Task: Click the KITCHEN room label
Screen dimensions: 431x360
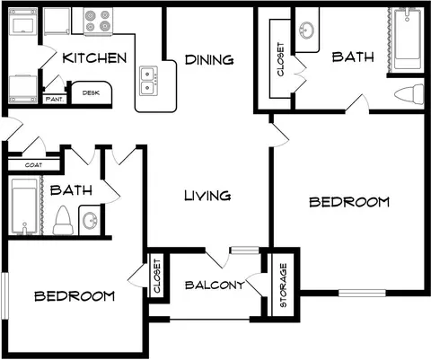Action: [94, 58]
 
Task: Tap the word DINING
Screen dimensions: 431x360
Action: [209, 60]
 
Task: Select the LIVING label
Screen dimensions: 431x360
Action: [207, 196]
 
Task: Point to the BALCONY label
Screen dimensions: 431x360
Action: [215, 285]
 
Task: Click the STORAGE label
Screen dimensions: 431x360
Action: [283, 285]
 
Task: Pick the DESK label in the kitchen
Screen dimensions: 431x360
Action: [91, 93]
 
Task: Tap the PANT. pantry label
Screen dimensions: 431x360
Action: [55, 99]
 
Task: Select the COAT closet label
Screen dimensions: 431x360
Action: [33, 165]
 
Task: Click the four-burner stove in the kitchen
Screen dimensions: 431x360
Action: [98, 21]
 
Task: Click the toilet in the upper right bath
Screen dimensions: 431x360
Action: [409, 94]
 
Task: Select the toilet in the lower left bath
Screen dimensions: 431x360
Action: [63, 221]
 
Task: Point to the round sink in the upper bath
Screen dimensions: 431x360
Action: [306, 31]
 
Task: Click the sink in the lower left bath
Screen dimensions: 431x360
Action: [89, 221]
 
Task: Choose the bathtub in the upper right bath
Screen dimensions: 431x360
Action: [408, 39]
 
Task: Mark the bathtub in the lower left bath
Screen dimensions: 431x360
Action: [24, 206]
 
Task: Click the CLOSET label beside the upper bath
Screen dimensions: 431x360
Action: [280, 59]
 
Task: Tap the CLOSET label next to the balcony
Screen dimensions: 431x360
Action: [157, 277]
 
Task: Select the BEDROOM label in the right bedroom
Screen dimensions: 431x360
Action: [349, 202]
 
